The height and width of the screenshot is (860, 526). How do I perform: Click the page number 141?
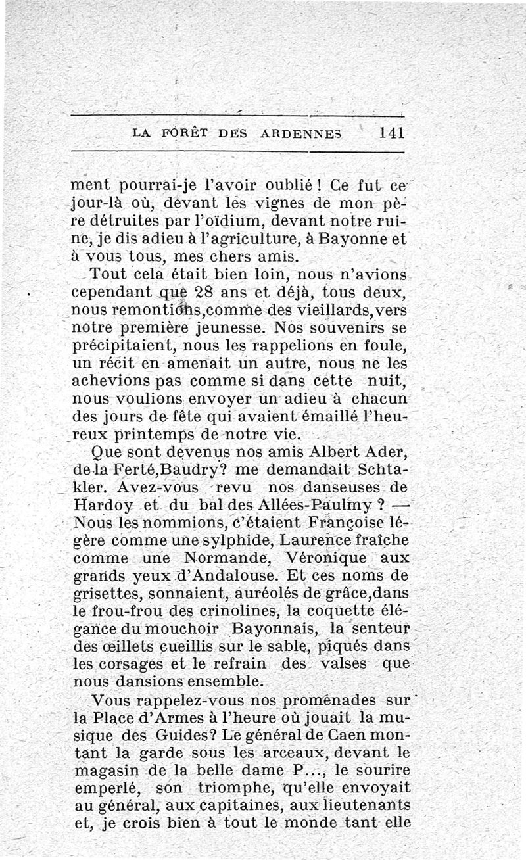(391, 131)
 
